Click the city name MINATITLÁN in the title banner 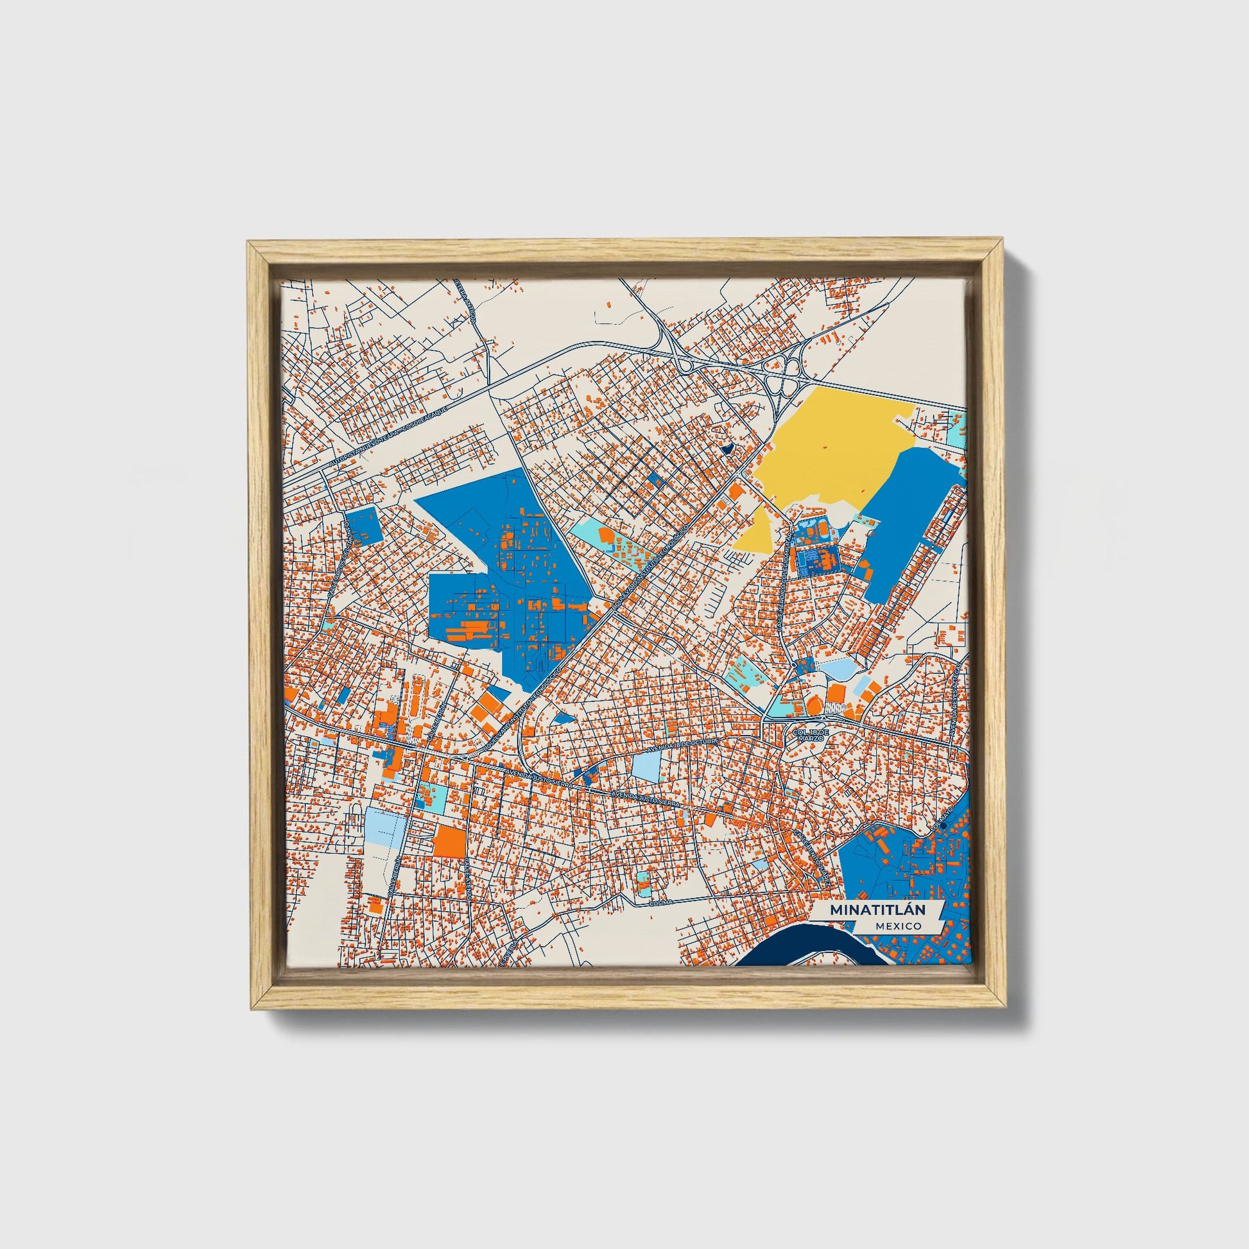pos(877,909)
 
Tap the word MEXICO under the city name pos(899,926)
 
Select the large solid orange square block pos(449,841)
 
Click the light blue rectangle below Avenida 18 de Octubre pos(644,767)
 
